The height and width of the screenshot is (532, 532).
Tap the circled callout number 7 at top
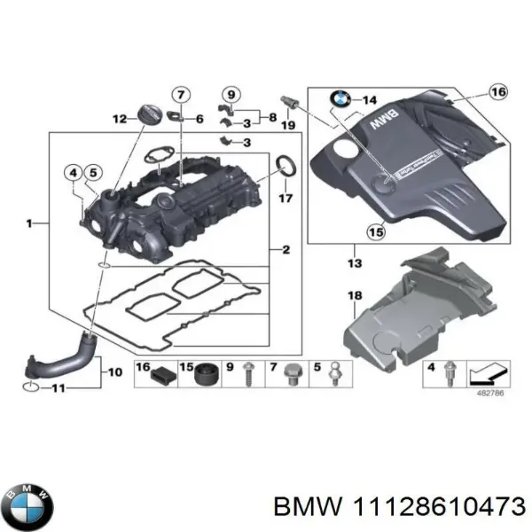click(180, 96)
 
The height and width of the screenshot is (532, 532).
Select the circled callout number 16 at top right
click(498, 92)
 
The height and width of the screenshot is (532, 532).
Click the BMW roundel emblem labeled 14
click(341, 100)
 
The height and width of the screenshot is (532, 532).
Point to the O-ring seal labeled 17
click(286, 165)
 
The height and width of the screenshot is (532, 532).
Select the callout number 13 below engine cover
click(356, 264)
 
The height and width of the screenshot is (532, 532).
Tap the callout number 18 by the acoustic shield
click(356, 295)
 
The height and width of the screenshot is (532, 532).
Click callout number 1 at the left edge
click(30, 224)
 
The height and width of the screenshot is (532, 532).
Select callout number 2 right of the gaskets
click(286, 251)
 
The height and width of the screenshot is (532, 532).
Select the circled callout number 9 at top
click(231, 95)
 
